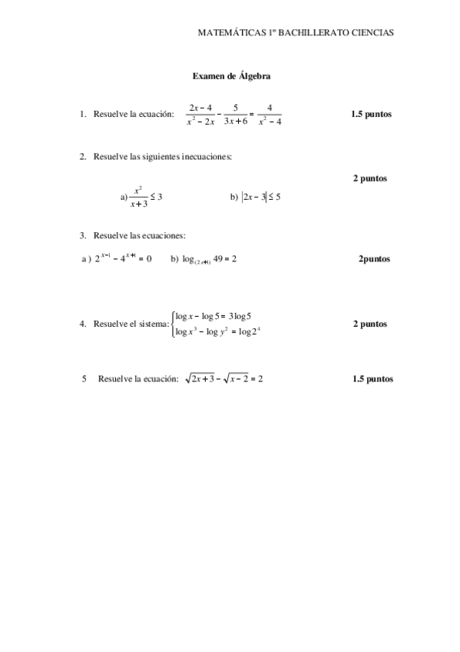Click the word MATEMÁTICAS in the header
tap(228, 33)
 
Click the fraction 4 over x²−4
tap(270, 115)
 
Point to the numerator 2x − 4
tap(200, 107)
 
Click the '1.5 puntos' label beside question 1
tap(371, 115)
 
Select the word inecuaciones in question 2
tap(199, 157)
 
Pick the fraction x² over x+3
tap(139, 197)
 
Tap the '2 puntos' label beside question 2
tap(369, 178)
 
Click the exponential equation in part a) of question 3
tap(123, 258)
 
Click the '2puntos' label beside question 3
tap(374, 259)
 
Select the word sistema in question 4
tap(153, 324)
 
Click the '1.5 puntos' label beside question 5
tap(372, 379)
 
